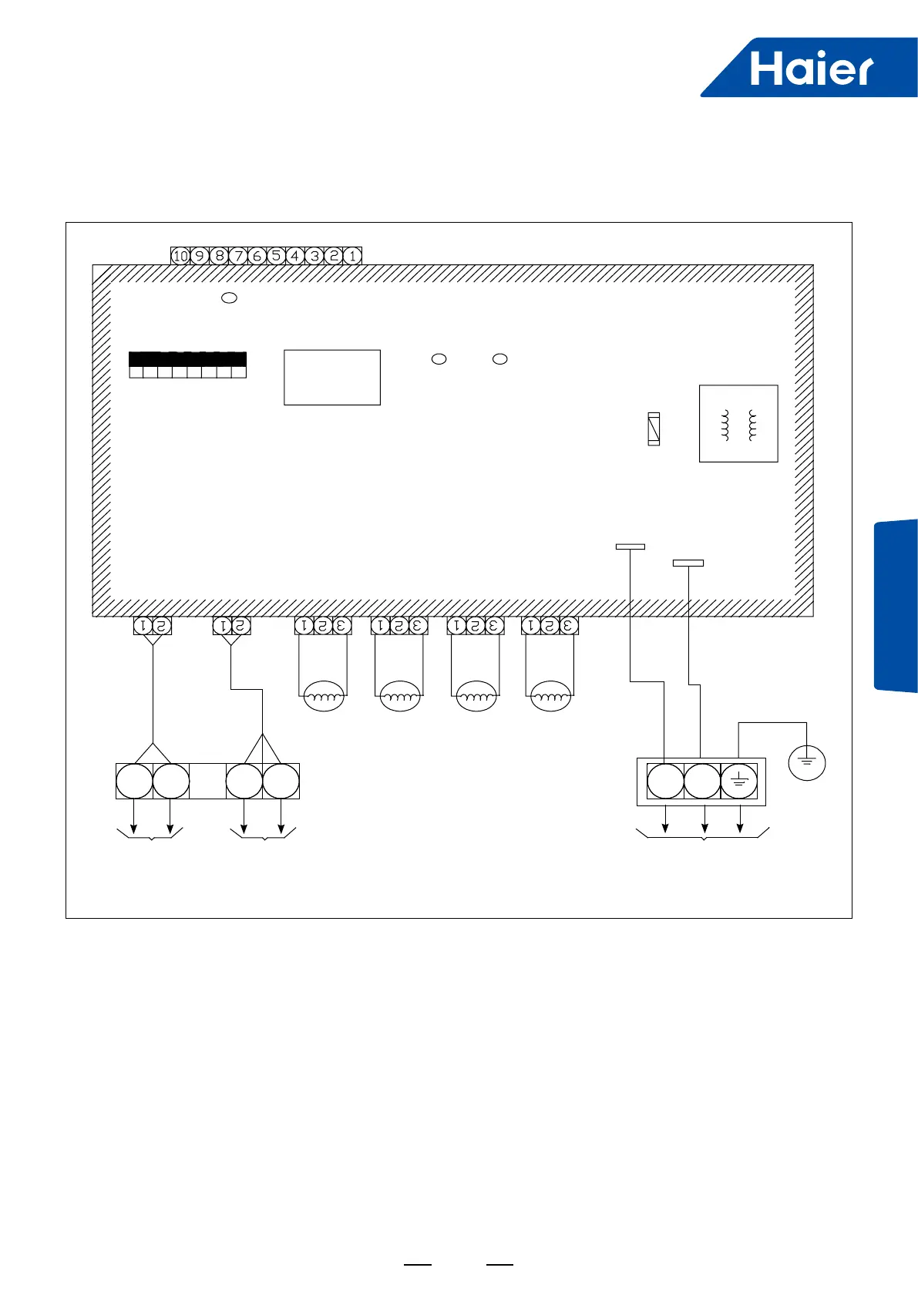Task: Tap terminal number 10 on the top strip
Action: coord(180,256)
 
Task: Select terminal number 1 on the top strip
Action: coord(352,256)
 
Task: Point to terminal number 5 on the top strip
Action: coord(276,256)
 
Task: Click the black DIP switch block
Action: coord(187,359)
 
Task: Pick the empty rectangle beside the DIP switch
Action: coord(332,377)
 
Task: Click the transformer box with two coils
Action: coord(738,423)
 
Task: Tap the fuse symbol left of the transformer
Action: coord(654,429)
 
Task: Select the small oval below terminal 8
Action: coord(229,298)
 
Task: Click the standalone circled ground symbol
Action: coord(807,762)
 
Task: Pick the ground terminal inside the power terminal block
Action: coord(738,782)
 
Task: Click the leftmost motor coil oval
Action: coord(324,697)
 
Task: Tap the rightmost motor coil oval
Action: coord(550,697)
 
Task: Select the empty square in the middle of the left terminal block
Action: coord(207,782)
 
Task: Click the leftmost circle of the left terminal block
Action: coord(134,782)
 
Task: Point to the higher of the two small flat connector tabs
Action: coord(630,546)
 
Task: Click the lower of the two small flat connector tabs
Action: coord(688,563)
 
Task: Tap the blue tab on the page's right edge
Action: coord(896,606)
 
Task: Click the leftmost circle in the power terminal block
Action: coord(665,782)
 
